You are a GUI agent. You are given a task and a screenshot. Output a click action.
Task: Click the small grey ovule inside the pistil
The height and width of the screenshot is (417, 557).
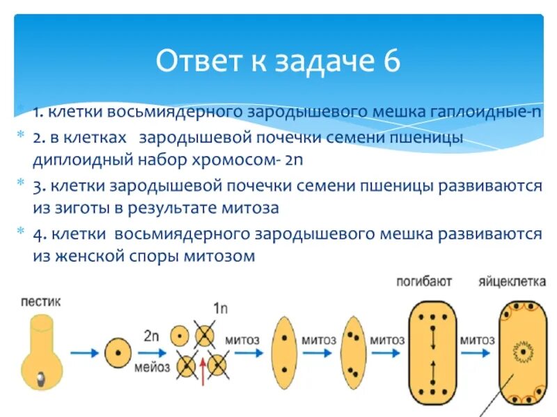41,376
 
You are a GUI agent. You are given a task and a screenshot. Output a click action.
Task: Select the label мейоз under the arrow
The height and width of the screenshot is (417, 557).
153,368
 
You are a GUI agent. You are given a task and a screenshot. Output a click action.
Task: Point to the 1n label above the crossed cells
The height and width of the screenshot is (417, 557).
220,309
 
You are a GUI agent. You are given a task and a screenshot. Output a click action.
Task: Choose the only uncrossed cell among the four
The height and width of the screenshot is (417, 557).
180,335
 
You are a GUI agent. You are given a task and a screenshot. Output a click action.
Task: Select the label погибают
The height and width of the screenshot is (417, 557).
424,281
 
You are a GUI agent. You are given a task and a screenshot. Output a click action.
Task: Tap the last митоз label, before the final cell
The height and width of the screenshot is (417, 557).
477,340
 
